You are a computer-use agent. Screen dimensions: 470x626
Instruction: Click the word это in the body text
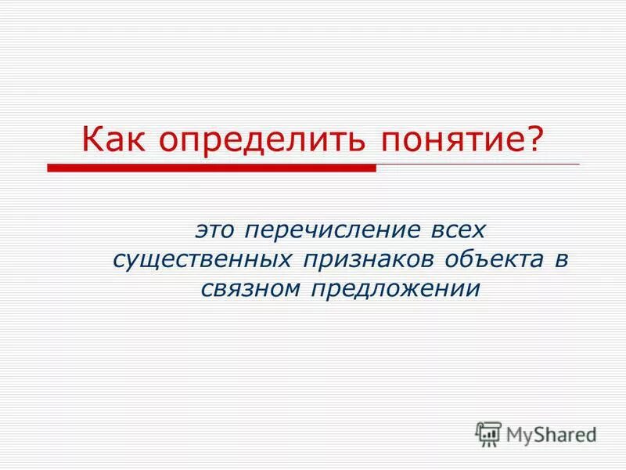click(216, 230)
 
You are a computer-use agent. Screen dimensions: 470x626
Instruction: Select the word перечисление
click(335, 230)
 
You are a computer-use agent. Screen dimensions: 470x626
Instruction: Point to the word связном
click(247, 288)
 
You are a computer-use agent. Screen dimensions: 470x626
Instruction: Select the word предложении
click(395, 289)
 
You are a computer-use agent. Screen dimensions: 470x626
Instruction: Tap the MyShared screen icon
click(489, 433)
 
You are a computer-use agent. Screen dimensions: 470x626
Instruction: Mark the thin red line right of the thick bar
click(477, 164)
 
